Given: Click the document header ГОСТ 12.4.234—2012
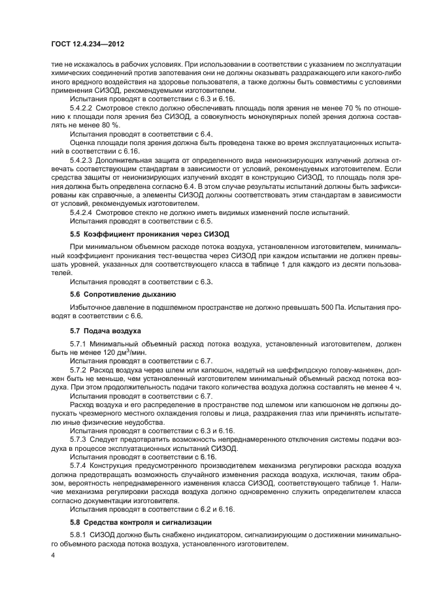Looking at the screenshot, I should [x=87, y=43].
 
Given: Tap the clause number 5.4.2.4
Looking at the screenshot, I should [x=82, y=212].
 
